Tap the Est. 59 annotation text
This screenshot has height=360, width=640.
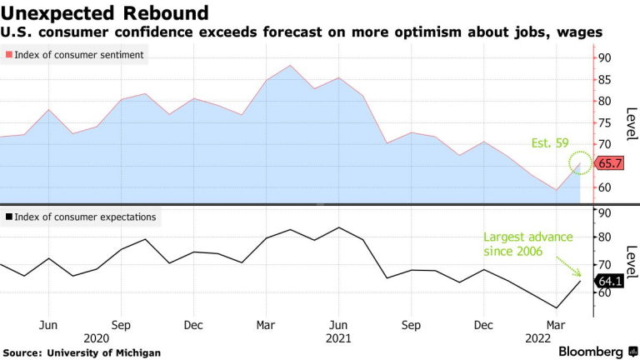pyautogui.click(x=550, y=142)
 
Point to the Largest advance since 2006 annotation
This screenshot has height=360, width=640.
pyautogui.click(x=528, y=243)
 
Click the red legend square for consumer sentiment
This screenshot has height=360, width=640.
pyautogui.click(x=9, y=55)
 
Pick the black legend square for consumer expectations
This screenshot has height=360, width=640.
pyautogui.click(x=9, y=217)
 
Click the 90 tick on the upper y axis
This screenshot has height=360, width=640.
pyautogui.click(x=603, y=58)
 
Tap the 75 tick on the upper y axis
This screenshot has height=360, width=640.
pyautogui.click(x=603, y=122)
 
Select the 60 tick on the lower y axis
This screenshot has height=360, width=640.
pyautogui.click(x=603, y=292)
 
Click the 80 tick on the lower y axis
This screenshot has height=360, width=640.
pyautogui.click(x=603, y=237)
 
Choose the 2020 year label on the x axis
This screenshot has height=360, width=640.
pyautogui.click(x=97, y=338)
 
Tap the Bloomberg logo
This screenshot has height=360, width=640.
pyautogui.click(x=592, y=351)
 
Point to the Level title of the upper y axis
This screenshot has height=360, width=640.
pyautogui.click(x=631, y=124)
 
